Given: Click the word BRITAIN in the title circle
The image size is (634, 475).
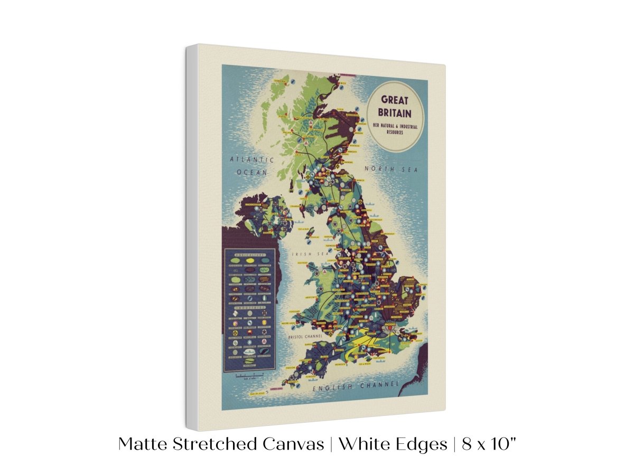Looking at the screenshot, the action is point(395,112).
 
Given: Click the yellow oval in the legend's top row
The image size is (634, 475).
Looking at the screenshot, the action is point(249,260).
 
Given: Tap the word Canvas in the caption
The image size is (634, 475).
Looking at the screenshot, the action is point(293,444).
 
